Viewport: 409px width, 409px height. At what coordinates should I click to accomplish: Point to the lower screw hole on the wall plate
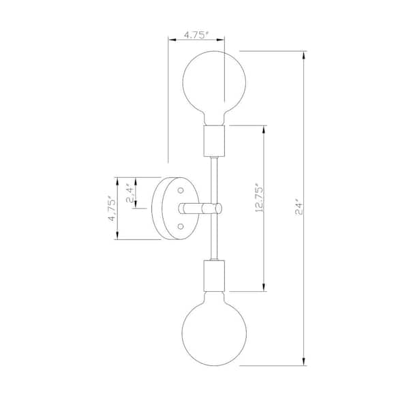181,225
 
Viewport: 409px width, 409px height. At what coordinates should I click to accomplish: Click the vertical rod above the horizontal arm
214,177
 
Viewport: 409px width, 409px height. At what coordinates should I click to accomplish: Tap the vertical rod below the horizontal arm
214,239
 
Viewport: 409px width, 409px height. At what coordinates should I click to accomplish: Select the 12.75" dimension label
258,198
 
